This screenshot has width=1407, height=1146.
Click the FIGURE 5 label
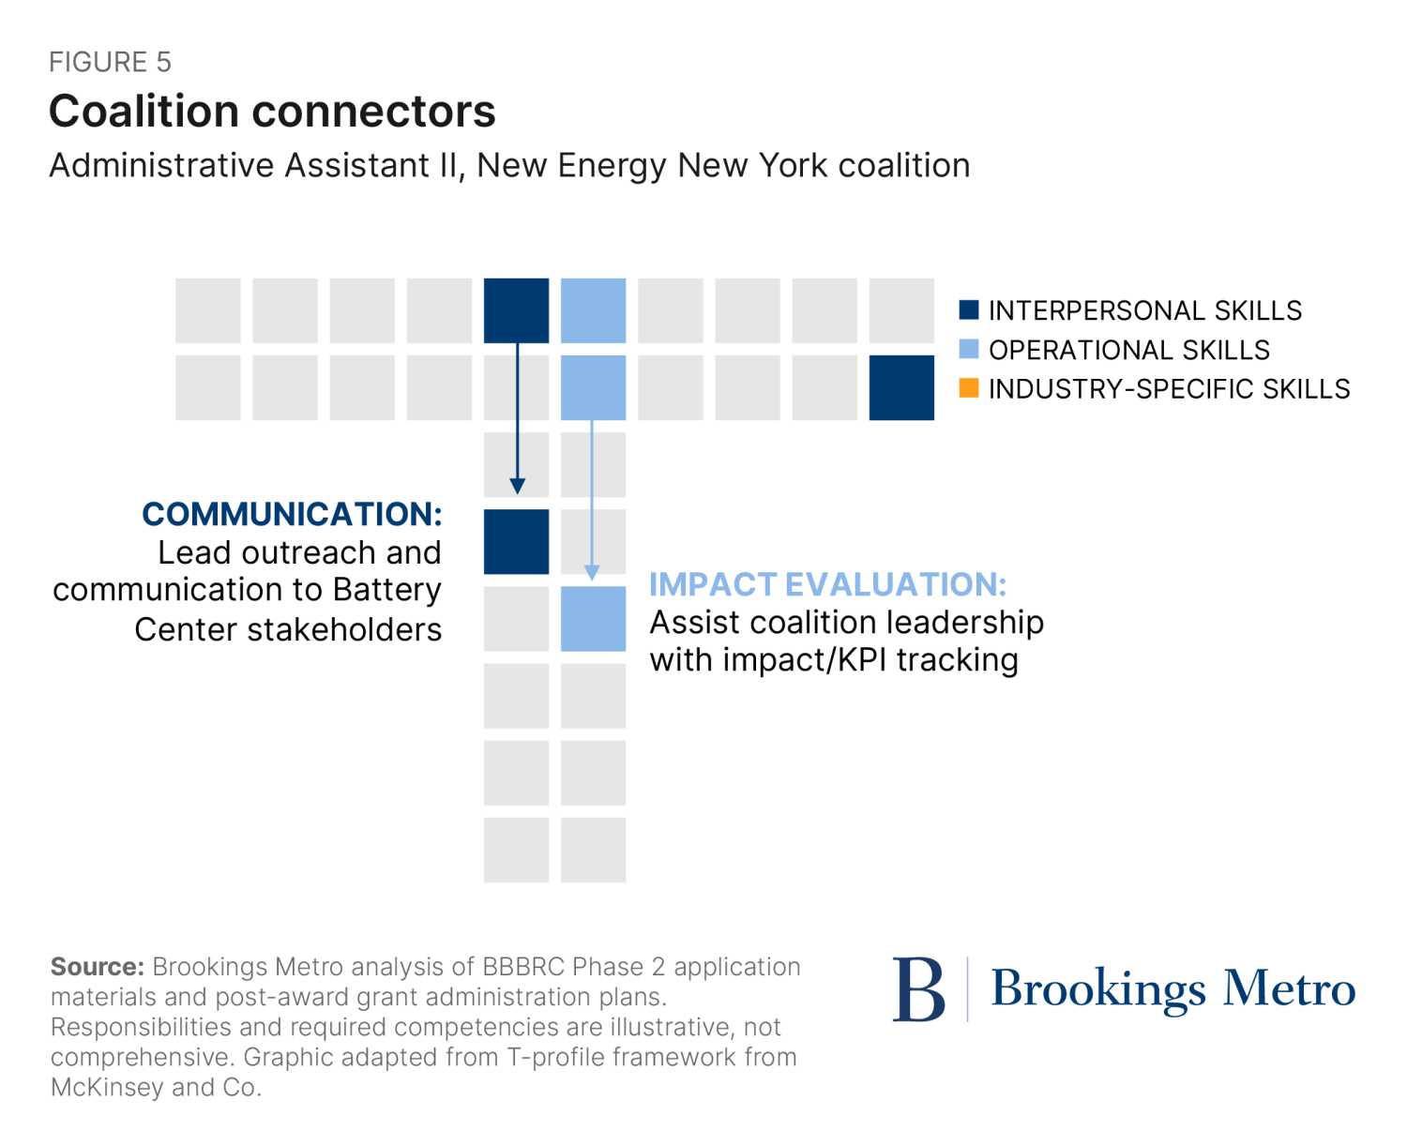click(110, 62)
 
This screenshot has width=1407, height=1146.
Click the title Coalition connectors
click(272, 112)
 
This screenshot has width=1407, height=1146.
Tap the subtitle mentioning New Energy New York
click(509, 165)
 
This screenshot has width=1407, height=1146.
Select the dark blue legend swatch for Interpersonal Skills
click(969, 309)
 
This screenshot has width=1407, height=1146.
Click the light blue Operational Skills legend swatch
click(969, 349)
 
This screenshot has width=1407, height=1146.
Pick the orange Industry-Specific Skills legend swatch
click(969, 387)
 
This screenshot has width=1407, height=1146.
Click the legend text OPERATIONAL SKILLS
click(1128, 350)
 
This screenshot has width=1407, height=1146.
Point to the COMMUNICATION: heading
click(292, 514)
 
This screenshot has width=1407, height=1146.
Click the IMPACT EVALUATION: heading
click(827, 584)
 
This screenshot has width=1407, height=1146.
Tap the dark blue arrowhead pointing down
click(517, 485)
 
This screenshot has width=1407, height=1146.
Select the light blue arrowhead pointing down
click(592, 571)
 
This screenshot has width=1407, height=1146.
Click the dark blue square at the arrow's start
click(517, 310)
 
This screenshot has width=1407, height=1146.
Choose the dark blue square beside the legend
click(901, 387)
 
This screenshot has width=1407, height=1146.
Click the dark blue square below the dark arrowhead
click(517, 541)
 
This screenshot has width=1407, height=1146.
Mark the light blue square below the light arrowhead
click(593, 619)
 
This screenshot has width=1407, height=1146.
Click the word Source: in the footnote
click(97, 967)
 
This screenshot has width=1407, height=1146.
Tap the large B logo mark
click(918, 989)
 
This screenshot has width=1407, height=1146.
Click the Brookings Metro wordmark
click(1172, 989)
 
